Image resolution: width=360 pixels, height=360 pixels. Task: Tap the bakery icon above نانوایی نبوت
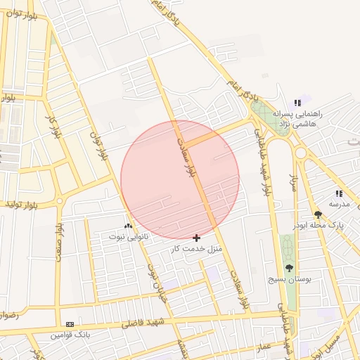[x=128, y=226]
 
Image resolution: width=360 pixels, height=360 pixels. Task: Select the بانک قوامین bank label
[x=70, y=334]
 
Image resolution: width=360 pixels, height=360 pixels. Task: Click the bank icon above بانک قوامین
[x=70, y=323]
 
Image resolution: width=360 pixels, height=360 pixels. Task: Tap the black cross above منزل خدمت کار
[x=196, y=238]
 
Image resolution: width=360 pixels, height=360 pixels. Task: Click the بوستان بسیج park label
[x=288, y=279]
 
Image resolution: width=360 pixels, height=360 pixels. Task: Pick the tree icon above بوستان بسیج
[x=289, y=268]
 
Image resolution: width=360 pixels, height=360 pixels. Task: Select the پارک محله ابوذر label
[x=320, y=226]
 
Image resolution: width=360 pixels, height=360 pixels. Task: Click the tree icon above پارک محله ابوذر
[x=319, y=214]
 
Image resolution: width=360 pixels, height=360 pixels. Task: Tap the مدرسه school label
[x=340, y=204]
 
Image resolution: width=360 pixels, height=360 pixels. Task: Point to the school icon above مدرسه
[x=339, y=193]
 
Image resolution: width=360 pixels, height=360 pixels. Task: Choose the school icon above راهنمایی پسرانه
[x=306, y=103]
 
